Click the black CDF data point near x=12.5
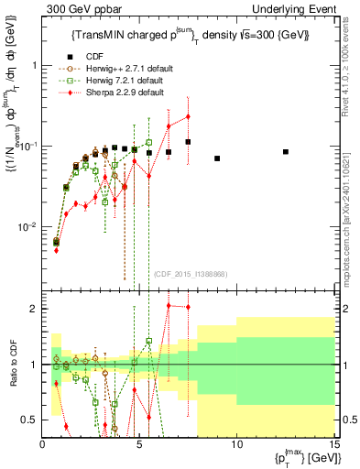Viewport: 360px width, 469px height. pyautogui.click(x=286, y=151)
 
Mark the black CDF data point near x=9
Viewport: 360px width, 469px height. pyautogui.click(x=217, y=158)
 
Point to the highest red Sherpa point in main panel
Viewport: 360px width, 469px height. pyautogui.click(x=188, y=116)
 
